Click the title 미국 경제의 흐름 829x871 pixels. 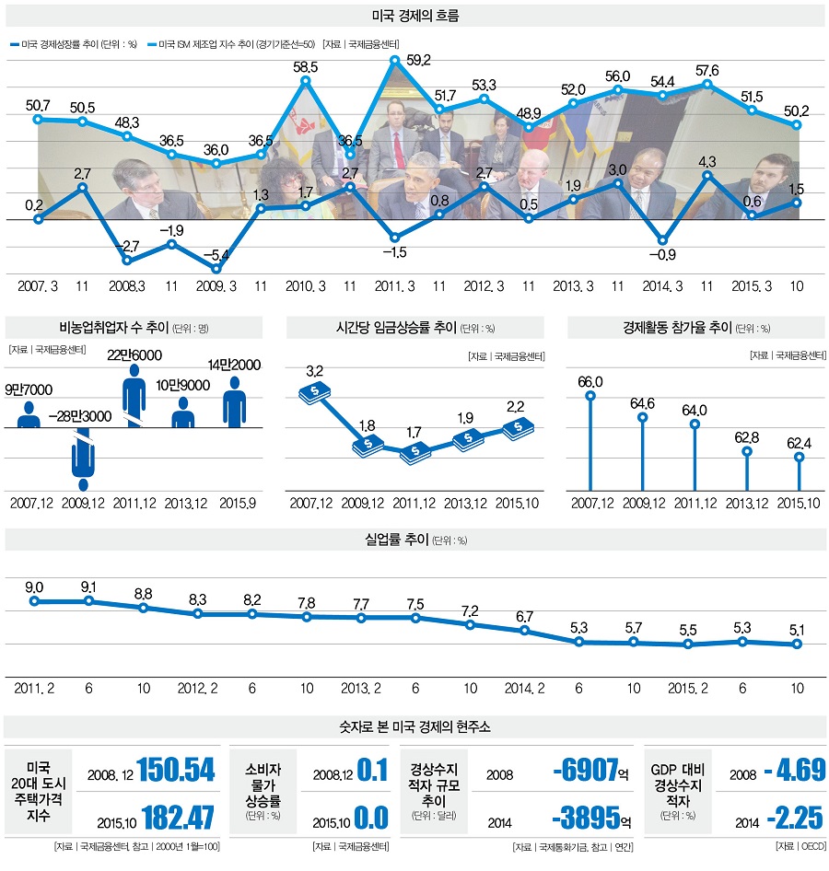pos(414,16)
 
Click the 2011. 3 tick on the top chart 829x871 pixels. pos(395,286)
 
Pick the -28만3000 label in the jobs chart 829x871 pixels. pos(81,416)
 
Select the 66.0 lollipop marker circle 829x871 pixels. pos(590,396)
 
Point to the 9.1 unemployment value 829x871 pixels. pos(89,585)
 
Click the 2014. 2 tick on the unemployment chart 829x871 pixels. pos(524,688)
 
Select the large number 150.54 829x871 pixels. pos(176,770)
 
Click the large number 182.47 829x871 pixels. pos(176,816)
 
